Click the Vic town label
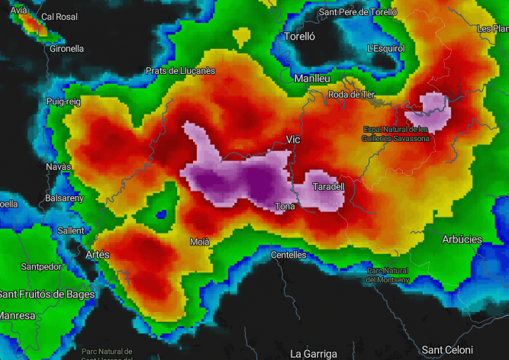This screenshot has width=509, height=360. pos(293,139)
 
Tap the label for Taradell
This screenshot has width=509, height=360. pos(330,186)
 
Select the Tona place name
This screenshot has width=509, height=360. pos(285,206)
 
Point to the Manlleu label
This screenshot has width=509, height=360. pos(312,78)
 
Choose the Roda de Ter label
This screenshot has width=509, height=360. pos(351,95)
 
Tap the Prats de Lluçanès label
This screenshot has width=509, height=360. pos(180,71)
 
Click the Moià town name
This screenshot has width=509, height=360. pos(200,242)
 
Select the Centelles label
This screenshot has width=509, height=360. pos(288,255)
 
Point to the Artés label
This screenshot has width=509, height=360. pos(98,254)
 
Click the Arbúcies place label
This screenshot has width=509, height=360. pos(462,239)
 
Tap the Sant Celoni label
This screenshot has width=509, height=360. pos(447,349)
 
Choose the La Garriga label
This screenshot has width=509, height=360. pos(314,354)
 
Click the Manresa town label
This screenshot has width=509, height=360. pos(18,315)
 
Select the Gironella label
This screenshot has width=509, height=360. pos(66,48)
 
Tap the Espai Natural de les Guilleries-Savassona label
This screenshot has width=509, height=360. pos(395,134)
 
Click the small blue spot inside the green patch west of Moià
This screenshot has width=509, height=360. pos(161,214)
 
